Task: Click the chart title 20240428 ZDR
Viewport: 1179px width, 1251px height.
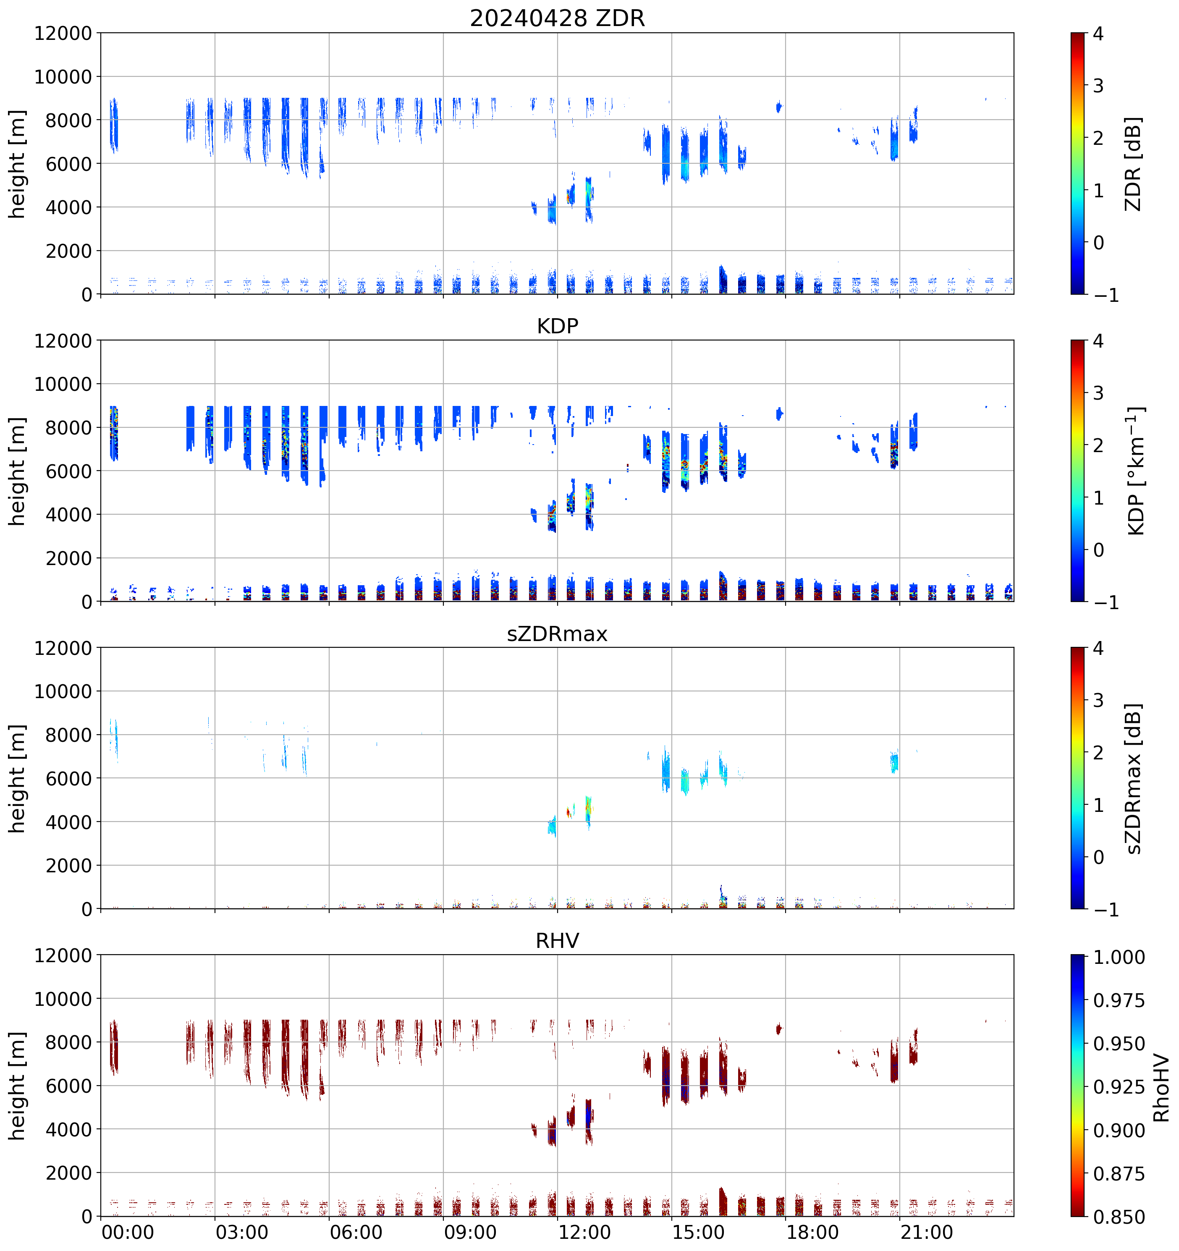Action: (557, 18)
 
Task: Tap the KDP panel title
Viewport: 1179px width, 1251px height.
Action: (557, 326)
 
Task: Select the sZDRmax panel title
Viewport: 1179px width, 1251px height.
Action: (557, 633)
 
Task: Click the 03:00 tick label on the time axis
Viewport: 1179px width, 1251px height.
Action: (242, 1232)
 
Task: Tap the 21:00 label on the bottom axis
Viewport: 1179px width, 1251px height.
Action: (927, 1232)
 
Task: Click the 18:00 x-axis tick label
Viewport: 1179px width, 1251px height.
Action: (812, 1232)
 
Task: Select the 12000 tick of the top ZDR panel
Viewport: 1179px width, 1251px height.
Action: (63, 33)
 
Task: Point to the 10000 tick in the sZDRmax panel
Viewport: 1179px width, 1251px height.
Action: (63, 691)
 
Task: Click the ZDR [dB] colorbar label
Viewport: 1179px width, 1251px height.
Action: (1133, 164)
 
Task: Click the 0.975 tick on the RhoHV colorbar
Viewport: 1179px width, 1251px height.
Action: (1119, 1000)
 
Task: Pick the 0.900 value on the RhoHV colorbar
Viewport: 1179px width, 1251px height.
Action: (1119, 1131)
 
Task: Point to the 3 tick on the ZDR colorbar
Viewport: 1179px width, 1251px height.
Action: (1098, 86)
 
